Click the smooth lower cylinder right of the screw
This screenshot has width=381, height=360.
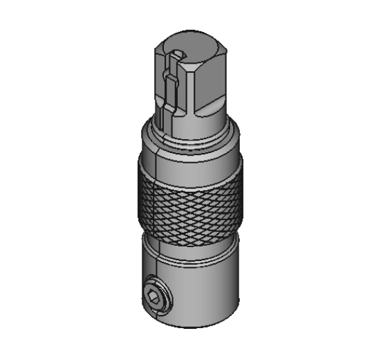207,284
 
